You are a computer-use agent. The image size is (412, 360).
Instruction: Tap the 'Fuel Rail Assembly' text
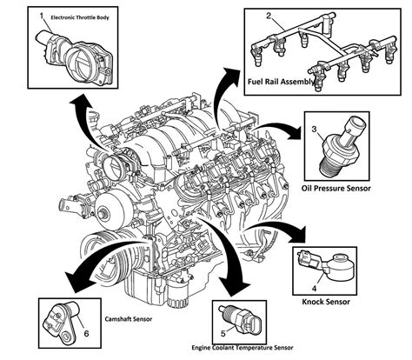pyautogui.click(x=283, y=82)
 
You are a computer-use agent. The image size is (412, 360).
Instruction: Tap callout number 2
pyautogui.click(x=269, y=15)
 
